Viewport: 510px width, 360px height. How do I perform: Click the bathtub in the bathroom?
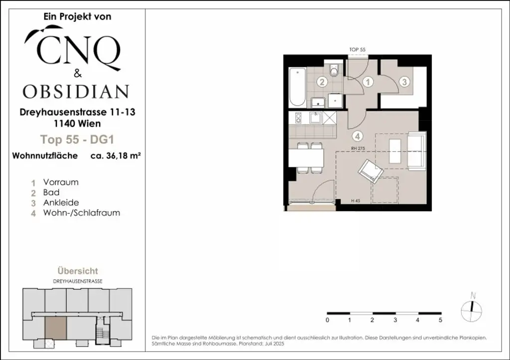click(297, 88)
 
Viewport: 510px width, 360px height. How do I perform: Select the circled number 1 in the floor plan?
click(368, 82)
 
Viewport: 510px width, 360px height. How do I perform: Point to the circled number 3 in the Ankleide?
click(404, 82)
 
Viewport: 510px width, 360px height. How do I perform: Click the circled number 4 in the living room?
click(357, 135)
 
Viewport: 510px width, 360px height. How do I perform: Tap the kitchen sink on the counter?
click(315, 119)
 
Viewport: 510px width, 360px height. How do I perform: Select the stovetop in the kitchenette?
click(298, 119)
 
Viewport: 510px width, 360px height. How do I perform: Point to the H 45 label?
click(356, 201)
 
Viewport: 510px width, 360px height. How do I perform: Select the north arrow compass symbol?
click(472, 308)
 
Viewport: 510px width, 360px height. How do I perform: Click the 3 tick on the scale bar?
click(395, 319)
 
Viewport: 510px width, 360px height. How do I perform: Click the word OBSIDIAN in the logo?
click(76, 92)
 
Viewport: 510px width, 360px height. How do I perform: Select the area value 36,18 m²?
click(115, 155)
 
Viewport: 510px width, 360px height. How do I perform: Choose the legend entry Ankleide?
click(61, 203)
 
